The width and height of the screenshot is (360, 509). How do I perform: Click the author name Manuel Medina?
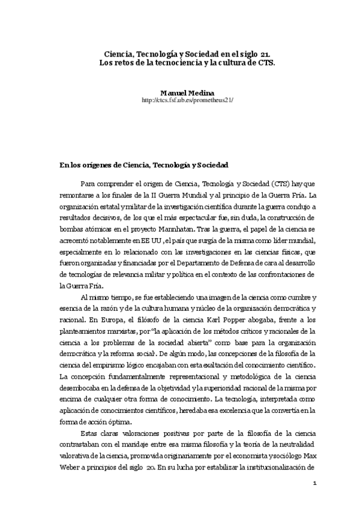pos(181,93)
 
